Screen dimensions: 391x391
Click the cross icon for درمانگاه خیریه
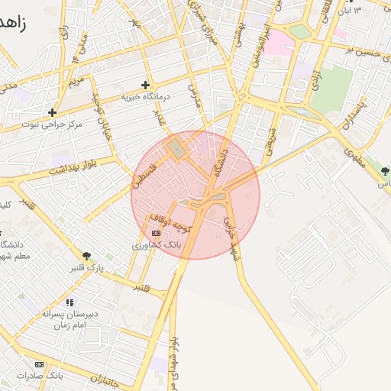coord(145,85)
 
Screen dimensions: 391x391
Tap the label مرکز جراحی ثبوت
coord(51,124)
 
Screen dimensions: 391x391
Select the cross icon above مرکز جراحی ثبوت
coord(52,112)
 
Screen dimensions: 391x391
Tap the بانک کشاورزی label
coord(155,246)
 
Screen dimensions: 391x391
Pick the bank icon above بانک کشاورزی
coord(156,234)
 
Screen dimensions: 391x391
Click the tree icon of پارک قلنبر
coord(86,256)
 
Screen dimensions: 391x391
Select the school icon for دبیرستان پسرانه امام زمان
coord(69,302)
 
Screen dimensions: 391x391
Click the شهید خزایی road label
coord(230,236)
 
